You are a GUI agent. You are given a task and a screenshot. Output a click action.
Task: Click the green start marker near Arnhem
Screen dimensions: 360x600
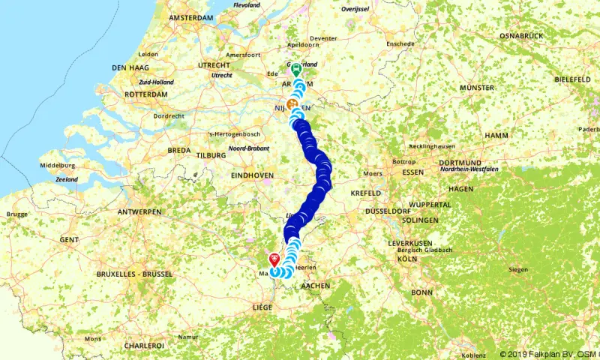[x=295, y=70]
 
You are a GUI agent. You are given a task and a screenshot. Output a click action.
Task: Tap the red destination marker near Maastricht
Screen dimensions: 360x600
[x=274, y=259]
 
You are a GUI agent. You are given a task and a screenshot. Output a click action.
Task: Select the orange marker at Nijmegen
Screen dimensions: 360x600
[x=291, y=104]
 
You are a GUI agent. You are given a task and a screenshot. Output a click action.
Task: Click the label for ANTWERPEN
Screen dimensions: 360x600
[x=139, y=212]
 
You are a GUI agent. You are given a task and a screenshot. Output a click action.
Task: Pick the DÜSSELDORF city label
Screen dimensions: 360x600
[x=390, y=212]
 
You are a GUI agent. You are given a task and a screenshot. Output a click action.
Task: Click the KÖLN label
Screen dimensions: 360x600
[x=408, y=259]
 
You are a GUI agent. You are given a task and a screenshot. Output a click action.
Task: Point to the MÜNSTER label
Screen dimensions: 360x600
[x=478, y=88]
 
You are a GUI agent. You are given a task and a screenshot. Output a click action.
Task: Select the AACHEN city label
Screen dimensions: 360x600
[x=316, y=286]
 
